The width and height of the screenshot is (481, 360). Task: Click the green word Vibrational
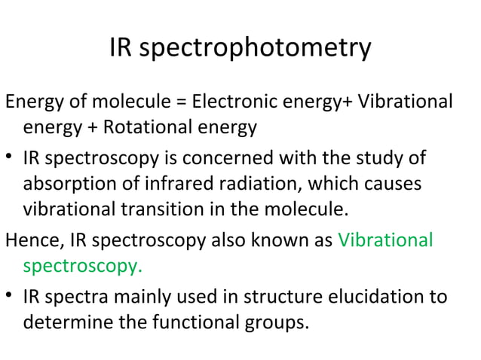[x=385, y=241]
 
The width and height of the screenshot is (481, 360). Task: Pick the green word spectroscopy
[x=82, y=267]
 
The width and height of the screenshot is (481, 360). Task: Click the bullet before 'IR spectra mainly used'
[x=10, y=296]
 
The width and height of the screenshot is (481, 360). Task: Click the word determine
[x=63, y=324]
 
